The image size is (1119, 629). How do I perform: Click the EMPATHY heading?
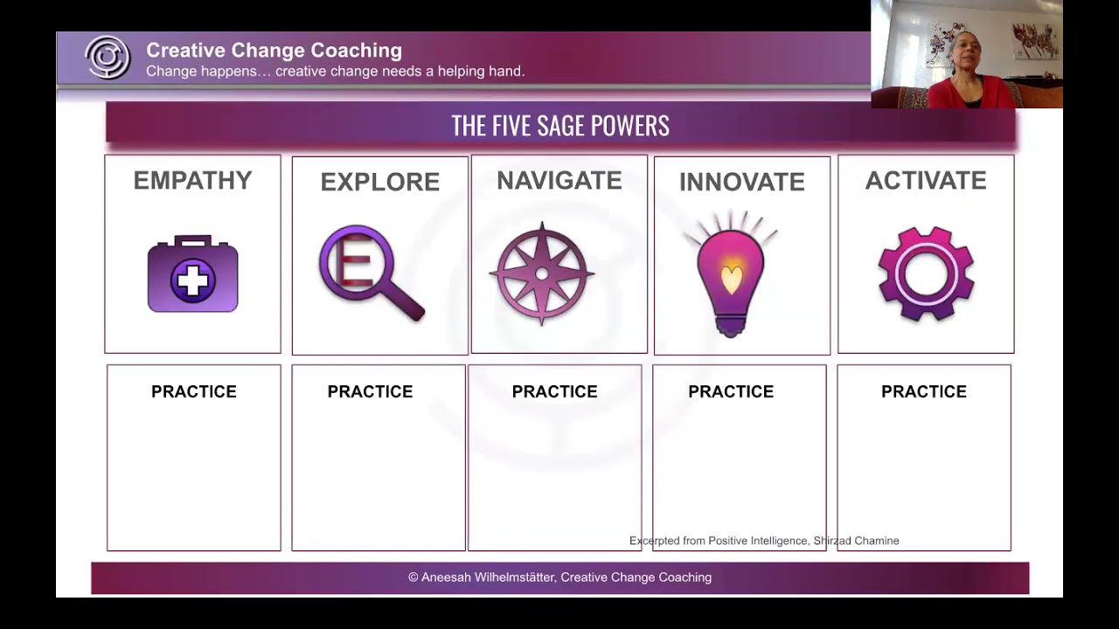pyautogui.click(x=192, y=181)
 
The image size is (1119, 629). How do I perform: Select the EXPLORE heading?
pyautogui.click(x=379, y=183)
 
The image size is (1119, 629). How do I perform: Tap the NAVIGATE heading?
pyautogui.click(x=559, y=181)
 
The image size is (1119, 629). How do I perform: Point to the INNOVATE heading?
pyautogui.click(x=741, y=183)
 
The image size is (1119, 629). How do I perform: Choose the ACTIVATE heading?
pyautogui.click(x=926, y=181)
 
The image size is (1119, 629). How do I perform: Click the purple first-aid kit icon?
pyautogui.click(x=192, y=274)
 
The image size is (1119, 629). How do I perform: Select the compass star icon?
pyautogui.click(x=542, y=274)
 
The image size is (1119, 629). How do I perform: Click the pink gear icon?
pyautogui.click(x=926, y=274)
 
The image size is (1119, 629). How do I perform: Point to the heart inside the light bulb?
pyautogui.click(x=732, y=278)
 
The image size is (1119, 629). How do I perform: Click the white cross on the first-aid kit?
pyautogui.click(x=193, y=281)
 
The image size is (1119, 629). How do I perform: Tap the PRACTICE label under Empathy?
pyautogui.click(x=194, y=392)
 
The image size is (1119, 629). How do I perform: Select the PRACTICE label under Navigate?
pyautogui.click(x=555, y=392)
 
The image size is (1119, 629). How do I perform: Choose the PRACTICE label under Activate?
pyautogui.click(x=924, y=392)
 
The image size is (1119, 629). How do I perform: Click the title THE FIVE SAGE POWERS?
pyautogui.click(x=560, y=126)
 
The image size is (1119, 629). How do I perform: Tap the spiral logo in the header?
pyautogui.click(x=108, y=59)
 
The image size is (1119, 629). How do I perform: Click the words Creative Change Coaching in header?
pyautogui.click(x=274, y=51)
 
